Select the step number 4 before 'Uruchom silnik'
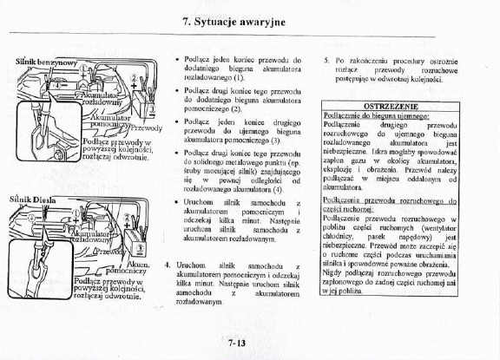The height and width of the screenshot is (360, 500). tap(166, 262)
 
